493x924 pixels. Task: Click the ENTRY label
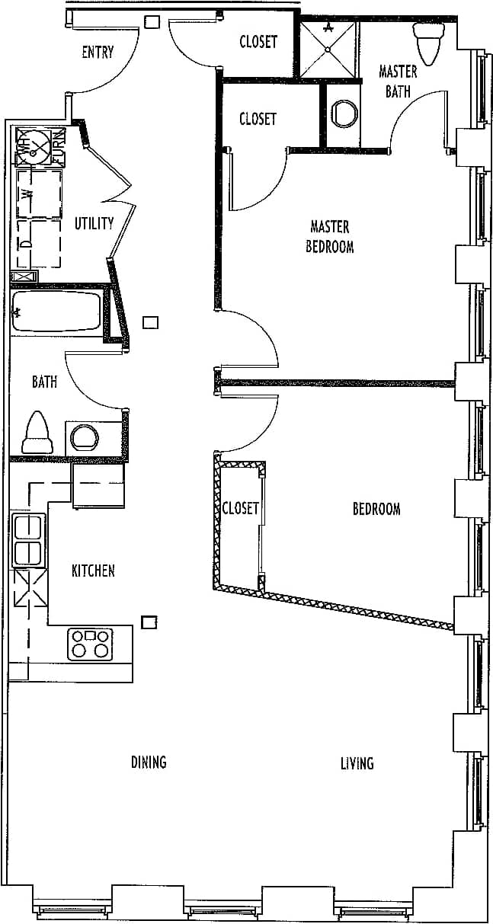tap(98, 53)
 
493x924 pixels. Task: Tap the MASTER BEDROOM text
tap(330, 236)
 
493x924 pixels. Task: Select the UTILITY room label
tap(94, 223)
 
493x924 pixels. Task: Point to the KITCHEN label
tap(93, 570)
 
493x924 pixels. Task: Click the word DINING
tap(149, 762)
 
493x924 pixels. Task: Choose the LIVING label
tap(357, 763)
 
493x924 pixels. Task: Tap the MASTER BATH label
tap(398, 81)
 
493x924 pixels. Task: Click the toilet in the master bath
tap(427, 41)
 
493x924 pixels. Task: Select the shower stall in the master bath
tap(328, 49)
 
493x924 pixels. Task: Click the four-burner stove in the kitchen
tap(90, 644)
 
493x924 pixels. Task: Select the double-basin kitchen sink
tap(28, 540)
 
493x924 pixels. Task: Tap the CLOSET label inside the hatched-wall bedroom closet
tap(241, 508)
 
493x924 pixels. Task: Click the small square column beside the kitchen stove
tap(150, 622)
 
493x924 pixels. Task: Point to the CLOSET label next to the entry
tap(258, 42)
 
